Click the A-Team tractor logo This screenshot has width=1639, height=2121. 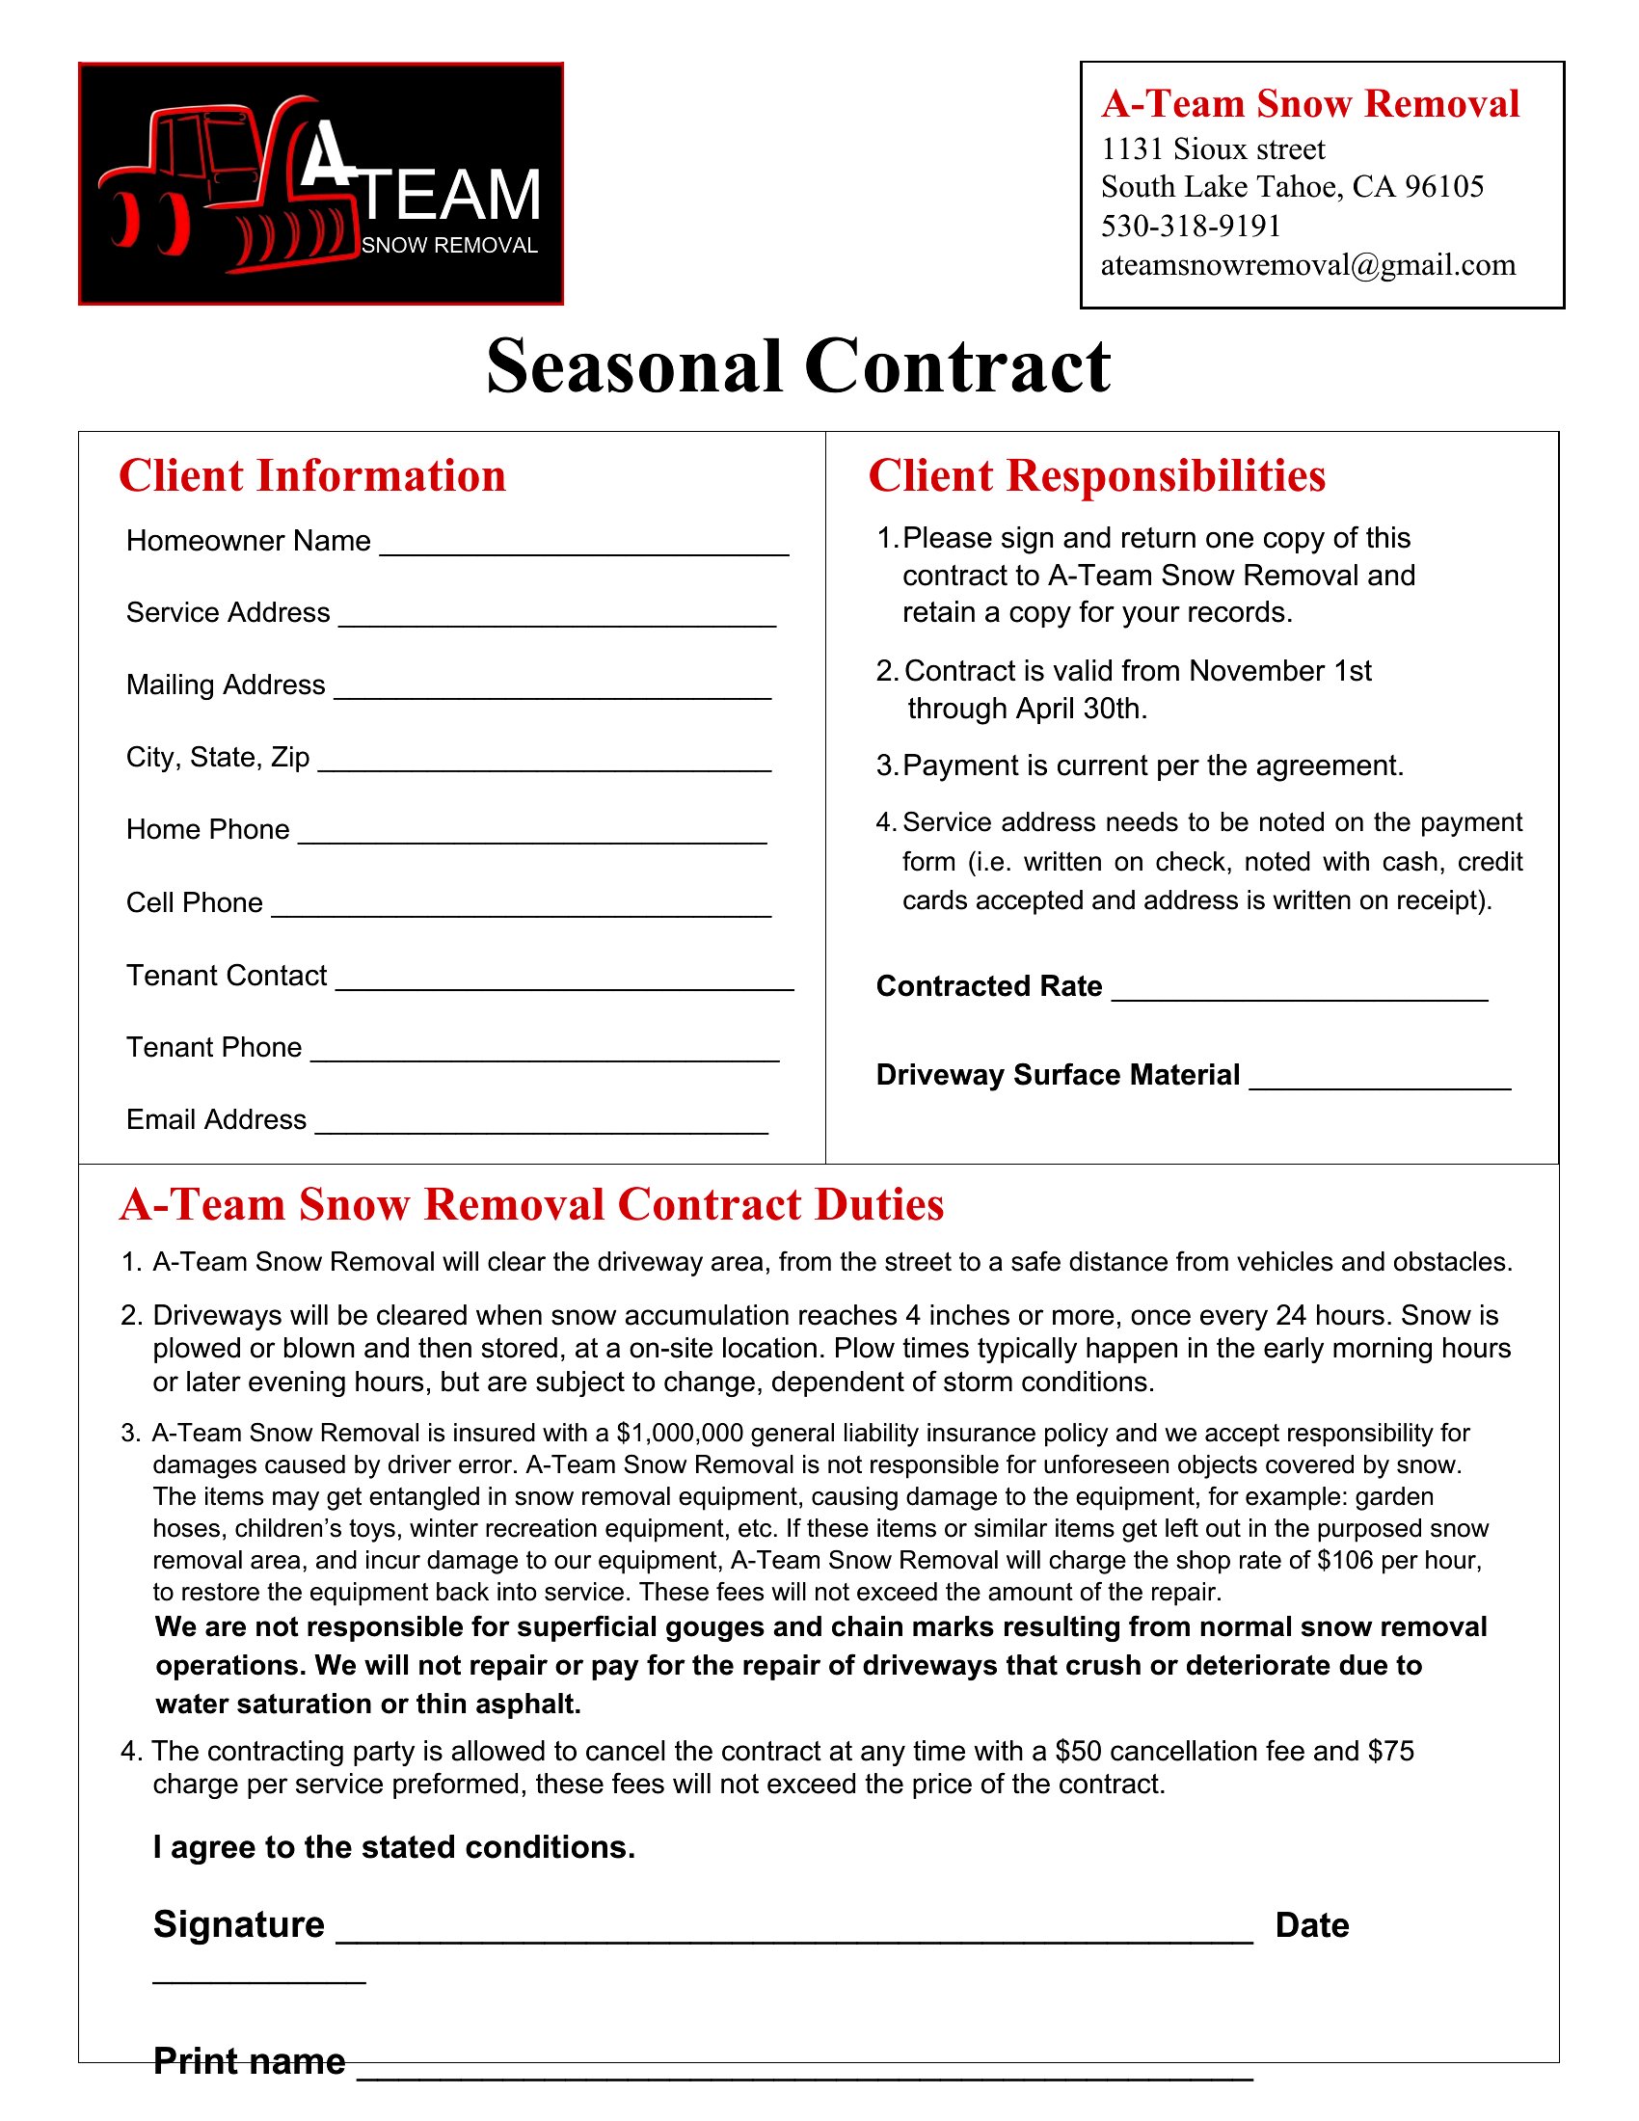[320, 183]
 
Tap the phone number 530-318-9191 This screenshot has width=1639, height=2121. [1191, 227]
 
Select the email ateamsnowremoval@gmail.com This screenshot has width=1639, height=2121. [1307, 265]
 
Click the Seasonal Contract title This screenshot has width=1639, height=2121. [798, 367]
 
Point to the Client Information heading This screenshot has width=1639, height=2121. [311, 476]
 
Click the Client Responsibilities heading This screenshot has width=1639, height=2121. [1096, 476]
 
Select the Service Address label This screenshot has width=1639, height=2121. [228, 613]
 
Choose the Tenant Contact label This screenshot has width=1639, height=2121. [227, 975]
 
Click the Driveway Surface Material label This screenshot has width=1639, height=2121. [1058, 1075]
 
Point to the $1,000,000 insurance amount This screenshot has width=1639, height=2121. [680, 1434]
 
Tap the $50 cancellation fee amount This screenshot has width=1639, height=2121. [1078, 1751]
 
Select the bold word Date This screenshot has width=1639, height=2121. [1312, 1926]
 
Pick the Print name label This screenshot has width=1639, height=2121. [250, 2061]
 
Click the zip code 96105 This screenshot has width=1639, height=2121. [1444, 186]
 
